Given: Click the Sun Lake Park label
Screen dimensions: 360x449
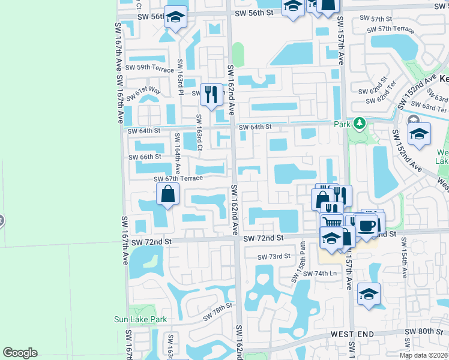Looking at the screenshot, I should click(x=140, y=320).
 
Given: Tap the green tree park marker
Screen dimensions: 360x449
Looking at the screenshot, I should click(x=359, y=124).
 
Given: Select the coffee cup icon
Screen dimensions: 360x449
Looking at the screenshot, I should click(x=367, y=226).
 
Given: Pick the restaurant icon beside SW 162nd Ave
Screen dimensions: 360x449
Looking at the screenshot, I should click(x=211, y=94).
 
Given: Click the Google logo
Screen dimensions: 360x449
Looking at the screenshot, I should click(x=20, y=353).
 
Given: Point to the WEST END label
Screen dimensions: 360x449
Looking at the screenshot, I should click(x=352, y=334).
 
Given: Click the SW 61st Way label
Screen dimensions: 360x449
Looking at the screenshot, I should click(x=148, y=91).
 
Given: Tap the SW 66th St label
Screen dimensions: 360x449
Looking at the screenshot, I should click(x=145, y=157).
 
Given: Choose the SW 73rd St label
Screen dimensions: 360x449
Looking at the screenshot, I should click(x=274, y=257).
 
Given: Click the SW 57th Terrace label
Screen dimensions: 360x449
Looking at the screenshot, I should click(x=390, y=29).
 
